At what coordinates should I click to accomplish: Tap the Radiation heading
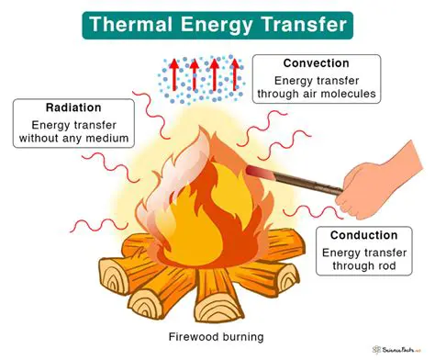67,107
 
